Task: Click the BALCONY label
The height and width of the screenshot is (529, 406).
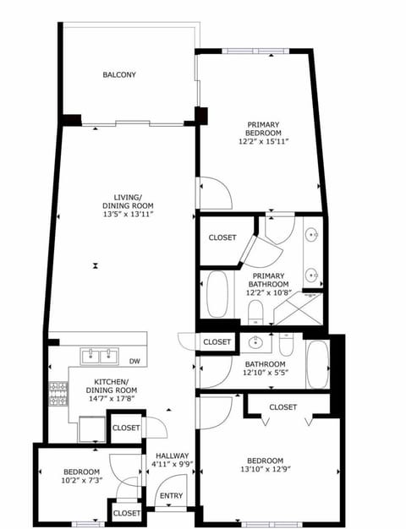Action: pyautogui.click(x=119, y=75)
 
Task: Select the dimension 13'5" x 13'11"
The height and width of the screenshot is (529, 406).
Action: pyautogui.click(x=128, y=215)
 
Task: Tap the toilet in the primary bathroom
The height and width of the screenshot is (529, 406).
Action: pyautogui.click(x=255, y=314)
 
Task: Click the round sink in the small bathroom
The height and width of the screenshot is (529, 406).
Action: pyautogui.click(x=254, y=343)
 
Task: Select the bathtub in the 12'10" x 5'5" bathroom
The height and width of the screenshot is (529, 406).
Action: pyautogui.click(x=317, y=363)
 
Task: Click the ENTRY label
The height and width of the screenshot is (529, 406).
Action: pyautogui.click(x=171, y=496)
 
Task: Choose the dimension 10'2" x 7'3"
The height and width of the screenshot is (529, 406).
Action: pyautogui.click(x=82, y=481)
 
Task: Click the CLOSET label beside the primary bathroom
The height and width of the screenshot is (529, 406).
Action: pyautogui.click(x=222, y=238)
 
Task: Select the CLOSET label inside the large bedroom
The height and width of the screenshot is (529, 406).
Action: pyautogui.click(x=283, y=407)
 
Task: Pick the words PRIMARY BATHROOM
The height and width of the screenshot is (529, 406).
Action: pyautogui.click(x=270, y=280)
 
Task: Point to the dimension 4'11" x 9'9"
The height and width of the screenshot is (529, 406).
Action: pyautogui.click(x=172, y=464)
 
